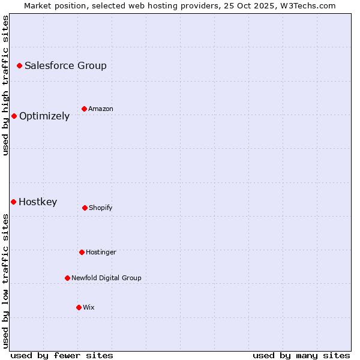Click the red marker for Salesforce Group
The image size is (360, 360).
point(19,65)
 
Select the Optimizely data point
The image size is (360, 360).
point(14,116)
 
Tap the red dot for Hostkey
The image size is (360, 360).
point(13,202)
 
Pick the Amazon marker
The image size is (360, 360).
point(84,109)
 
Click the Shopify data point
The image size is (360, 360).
point(85,208)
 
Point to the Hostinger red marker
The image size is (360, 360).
point(82,252)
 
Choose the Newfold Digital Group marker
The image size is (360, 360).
point(67,278)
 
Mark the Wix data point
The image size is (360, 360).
point(79,307)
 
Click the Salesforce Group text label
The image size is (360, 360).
point(65,65)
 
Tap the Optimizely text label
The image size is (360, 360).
point(44,116)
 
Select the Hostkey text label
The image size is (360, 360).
point(38,202)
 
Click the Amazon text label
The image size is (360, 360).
point(101,109)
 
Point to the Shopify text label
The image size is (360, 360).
point(101,208)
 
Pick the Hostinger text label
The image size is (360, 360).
point(101,252)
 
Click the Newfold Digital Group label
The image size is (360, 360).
point(106,278)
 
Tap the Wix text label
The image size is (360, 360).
point(89,307)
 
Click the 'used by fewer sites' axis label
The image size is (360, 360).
point(62,355)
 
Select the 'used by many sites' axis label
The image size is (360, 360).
point(301,355)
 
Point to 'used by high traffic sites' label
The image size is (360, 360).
point(5,85)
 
